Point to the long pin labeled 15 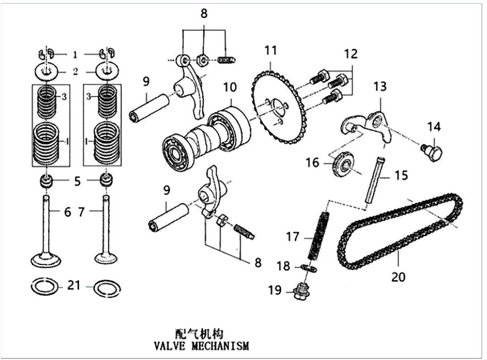pos(374,180)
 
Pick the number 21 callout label pos(73,286)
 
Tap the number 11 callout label pos(270,49)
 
